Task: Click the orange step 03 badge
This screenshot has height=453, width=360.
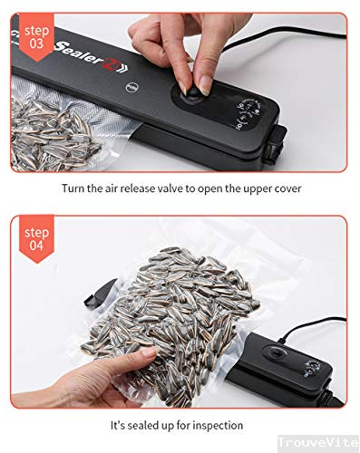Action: tap(34, 34)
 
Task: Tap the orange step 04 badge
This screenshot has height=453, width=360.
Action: tap(36, 237)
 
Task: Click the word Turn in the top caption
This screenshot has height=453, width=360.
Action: tap(75, 188)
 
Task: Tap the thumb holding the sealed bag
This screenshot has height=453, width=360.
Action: tap(118, 371)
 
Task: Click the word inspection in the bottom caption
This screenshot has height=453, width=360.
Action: tap(220, 423)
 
